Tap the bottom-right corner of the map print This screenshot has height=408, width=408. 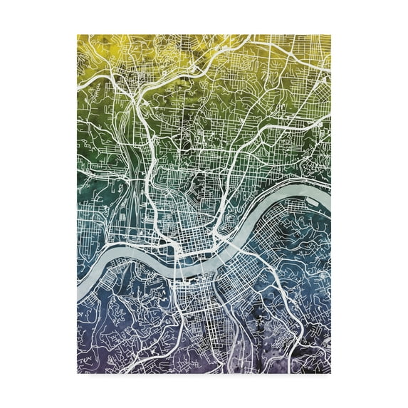(x=329, y=372)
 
